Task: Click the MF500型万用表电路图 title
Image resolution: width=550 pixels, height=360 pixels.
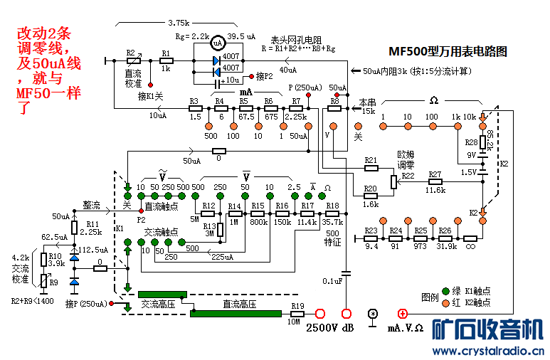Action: click(x=448, y=52)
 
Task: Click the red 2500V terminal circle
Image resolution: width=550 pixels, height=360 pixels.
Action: click(x=319, y=314)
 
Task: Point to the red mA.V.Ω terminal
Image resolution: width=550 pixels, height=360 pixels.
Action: click(x=402, y=314)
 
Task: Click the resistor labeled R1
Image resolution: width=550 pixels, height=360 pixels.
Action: click(x=165, y=61)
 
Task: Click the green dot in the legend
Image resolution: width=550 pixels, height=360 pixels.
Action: click(x=446, y=291)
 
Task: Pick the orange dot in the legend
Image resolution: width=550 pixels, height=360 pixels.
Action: click(x=446, y=303)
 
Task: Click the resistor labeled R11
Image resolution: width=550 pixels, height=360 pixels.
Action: click(x=74, y=228)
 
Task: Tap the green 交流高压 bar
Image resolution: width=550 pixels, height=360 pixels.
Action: click(x=162, y=294)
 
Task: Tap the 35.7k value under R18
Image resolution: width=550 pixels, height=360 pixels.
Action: click(x=332, y=223)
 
